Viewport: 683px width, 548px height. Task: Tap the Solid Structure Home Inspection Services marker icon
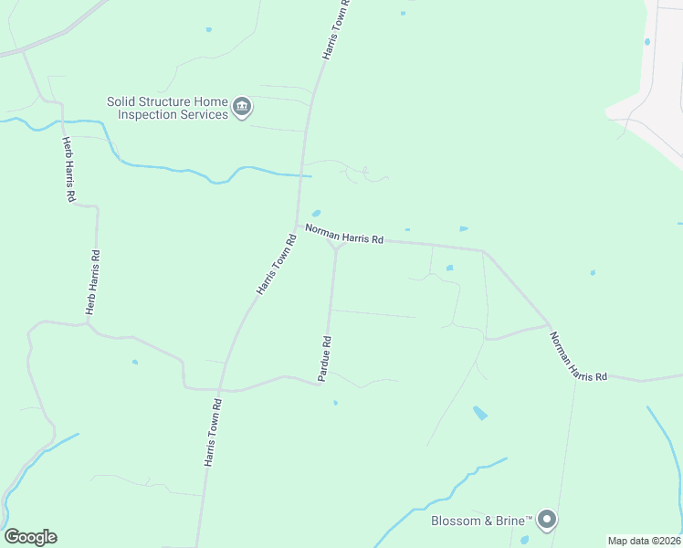click(x=242, y=108)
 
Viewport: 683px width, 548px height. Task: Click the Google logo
click(x=30, y=537)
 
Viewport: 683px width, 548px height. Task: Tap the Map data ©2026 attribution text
click(x=645, y=541)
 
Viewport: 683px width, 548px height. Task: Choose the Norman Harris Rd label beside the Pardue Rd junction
click(x=344, y=234)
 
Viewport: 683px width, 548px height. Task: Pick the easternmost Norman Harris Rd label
click(x=578, y=356)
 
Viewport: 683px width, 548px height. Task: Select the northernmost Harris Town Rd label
click(x=337, y=30)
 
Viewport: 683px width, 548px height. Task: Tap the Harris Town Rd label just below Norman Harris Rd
click(x=278, y=265)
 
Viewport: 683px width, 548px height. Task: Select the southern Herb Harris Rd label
click(x=91, y=283)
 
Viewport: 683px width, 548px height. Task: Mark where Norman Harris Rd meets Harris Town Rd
click(x=298, y=225)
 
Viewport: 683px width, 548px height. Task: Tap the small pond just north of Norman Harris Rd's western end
click(x=316, y=214)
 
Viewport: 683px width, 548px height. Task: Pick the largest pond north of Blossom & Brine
click(x=480, y=413)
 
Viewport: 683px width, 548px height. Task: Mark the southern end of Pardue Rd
click(x=320, y=384)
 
